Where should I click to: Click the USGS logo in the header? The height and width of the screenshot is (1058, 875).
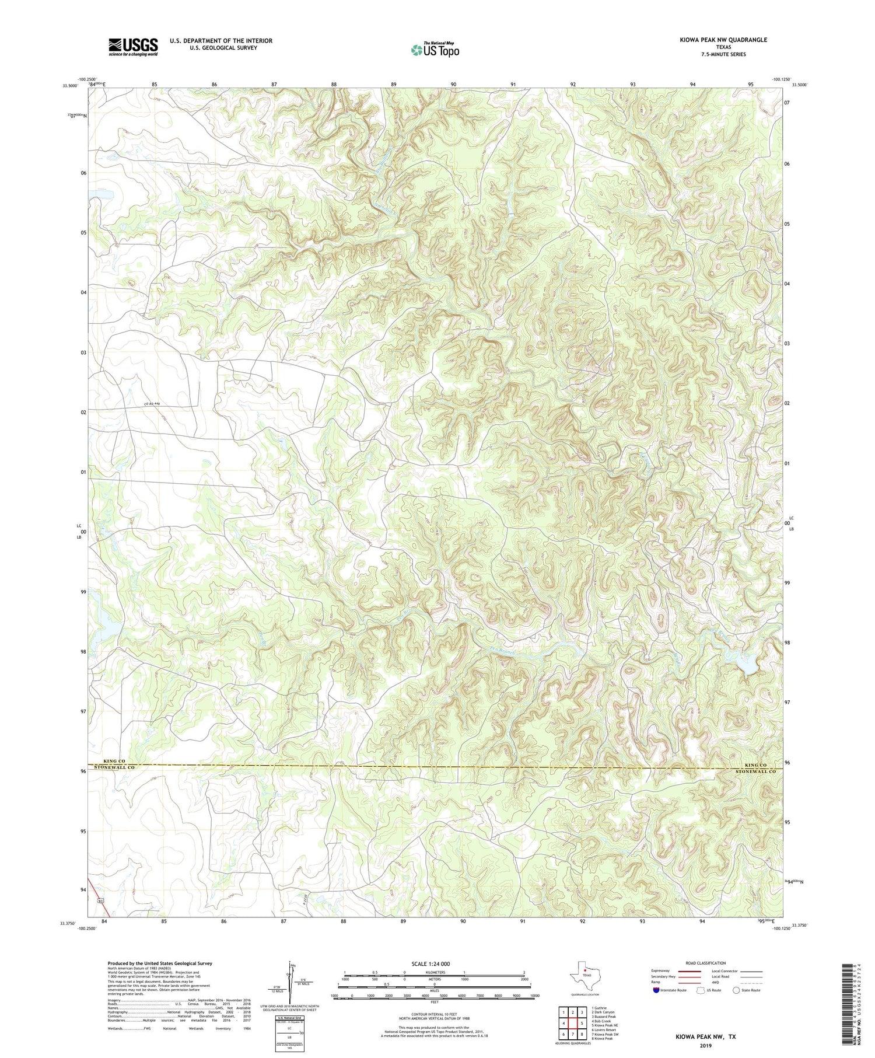(x=133, y=47)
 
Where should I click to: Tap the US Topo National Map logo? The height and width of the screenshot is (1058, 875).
(x=435, y=50)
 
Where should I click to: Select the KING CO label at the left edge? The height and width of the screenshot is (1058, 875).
(x=115, y=762)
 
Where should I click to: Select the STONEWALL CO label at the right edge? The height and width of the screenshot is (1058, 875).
(x=752, y=771)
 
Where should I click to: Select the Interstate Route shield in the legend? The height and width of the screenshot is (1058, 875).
(x=657, y=990)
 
